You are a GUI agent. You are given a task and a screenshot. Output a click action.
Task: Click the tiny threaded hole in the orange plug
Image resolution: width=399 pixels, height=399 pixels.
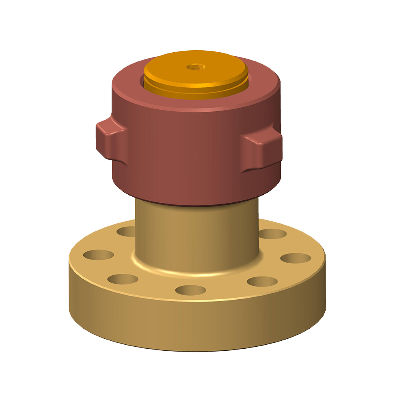pos(195,65)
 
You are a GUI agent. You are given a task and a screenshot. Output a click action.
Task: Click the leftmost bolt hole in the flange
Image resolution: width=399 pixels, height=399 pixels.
pos(98,254)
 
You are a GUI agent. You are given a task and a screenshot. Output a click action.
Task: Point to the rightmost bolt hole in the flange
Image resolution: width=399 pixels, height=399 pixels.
pos(295,258)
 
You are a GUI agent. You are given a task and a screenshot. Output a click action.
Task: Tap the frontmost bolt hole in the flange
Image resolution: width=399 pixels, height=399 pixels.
pos(191,290)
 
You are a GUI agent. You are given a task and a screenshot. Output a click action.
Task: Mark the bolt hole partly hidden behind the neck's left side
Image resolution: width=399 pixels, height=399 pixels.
pos(127,231)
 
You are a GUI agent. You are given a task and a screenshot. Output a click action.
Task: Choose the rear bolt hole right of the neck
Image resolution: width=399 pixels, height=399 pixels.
pos(273,234)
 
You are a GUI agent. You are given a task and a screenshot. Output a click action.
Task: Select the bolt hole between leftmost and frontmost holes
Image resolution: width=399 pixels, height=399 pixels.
pos(122,279)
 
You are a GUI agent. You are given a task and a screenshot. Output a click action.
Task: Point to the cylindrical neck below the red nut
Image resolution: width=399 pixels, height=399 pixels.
pos(196,235)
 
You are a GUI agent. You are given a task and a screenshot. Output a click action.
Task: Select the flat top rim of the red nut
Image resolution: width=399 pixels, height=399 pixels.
pos(128,80)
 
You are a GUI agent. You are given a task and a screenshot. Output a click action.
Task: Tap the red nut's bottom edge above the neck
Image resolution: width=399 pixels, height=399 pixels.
pos(196,204)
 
